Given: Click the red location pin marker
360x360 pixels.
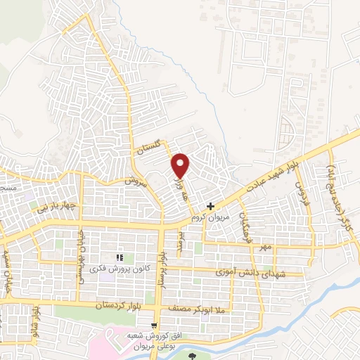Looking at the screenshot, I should click(x=181, y=165).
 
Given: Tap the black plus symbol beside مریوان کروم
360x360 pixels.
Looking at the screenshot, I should click(x=210, y=207).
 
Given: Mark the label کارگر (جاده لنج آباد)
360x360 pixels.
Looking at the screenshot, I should click(x=337, y=188).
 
